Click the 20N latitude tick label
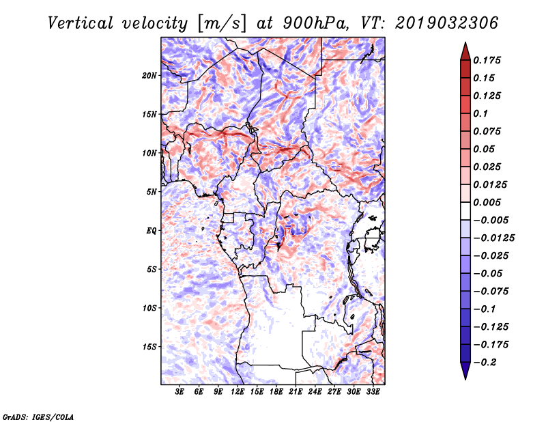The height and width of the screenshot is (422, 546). pos(149,76)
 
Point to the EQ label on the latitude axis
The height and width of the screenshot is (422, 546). pos(151,231)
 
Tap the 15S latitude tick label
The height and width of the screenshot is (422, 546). pos(149,347)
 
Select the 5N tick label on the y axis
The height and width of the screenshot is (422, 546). pos(152,192)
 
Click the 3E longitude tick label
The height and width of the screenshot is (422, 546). pos(179,392)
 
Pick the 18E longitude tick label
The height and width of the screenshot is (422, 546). pos(276,392)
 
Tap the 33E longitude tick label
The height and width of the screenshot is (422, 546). pos(373,392)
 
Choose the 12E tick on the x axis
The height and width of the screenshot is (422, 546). pos(237,392)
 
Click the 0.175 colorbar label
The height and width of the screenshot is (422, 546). pos(487,60)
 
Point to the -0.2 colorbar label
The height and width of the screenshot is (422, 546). pos(485,363)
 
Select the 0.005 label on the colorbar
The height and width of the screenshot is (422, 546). pos(487,202)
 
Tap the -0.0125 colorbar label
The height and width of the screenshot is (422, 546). pos(493,238)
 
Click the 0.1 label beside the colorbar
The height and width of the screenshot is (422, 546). pos(480,113)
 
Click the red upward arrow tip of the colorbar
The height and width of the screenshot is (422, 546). pos(465,42)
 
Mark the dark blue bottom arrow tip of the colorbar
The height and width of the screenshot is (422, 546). pos(465,379)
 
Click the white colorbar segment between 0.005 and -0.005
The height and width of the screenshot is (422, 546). pos(465,211)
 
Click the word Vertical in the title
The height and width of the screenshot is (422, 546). pos(81,23)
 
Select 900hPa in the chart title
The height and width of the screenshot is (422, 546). pos(315,23)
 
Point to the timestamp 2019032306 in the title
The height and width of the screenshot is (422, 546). pos(446,23)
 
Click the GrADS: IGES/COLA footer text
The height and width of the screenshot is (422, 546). pos(38,417)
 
